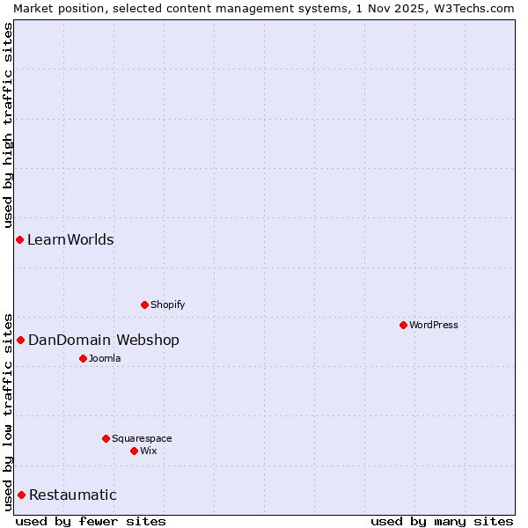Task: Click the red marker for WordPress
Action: click(403, 325)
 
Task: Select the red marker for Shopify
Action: click(144, 304)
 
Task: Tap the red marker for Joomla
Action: click(83, 358)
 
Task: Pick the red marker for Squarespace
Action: click(106, 438)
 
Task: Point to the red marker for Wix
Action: click(134, 451)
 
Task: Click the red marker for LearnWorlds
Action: click(19, 239)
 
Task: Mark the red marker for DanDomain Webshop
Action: click(20, 340)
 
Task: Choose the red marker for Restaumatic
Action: click(21, 495)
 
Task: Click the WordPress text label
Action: click(433, 325)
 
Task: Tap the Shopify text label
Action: click(167, 304)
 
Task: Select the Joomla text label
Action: click(105, 358)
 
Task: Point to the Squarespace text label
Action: click(142, 438)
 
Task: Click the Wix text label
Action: click(148, 451)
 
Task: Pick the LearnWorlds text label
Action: click(70, 239)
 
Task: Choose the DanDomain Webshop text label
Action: click(104, 340)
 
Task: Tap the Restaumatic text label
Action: click(73, 495)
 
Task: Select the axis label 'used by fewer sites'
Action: click(91, 521)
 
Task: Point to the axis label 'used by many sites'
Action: click(442, 521)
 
